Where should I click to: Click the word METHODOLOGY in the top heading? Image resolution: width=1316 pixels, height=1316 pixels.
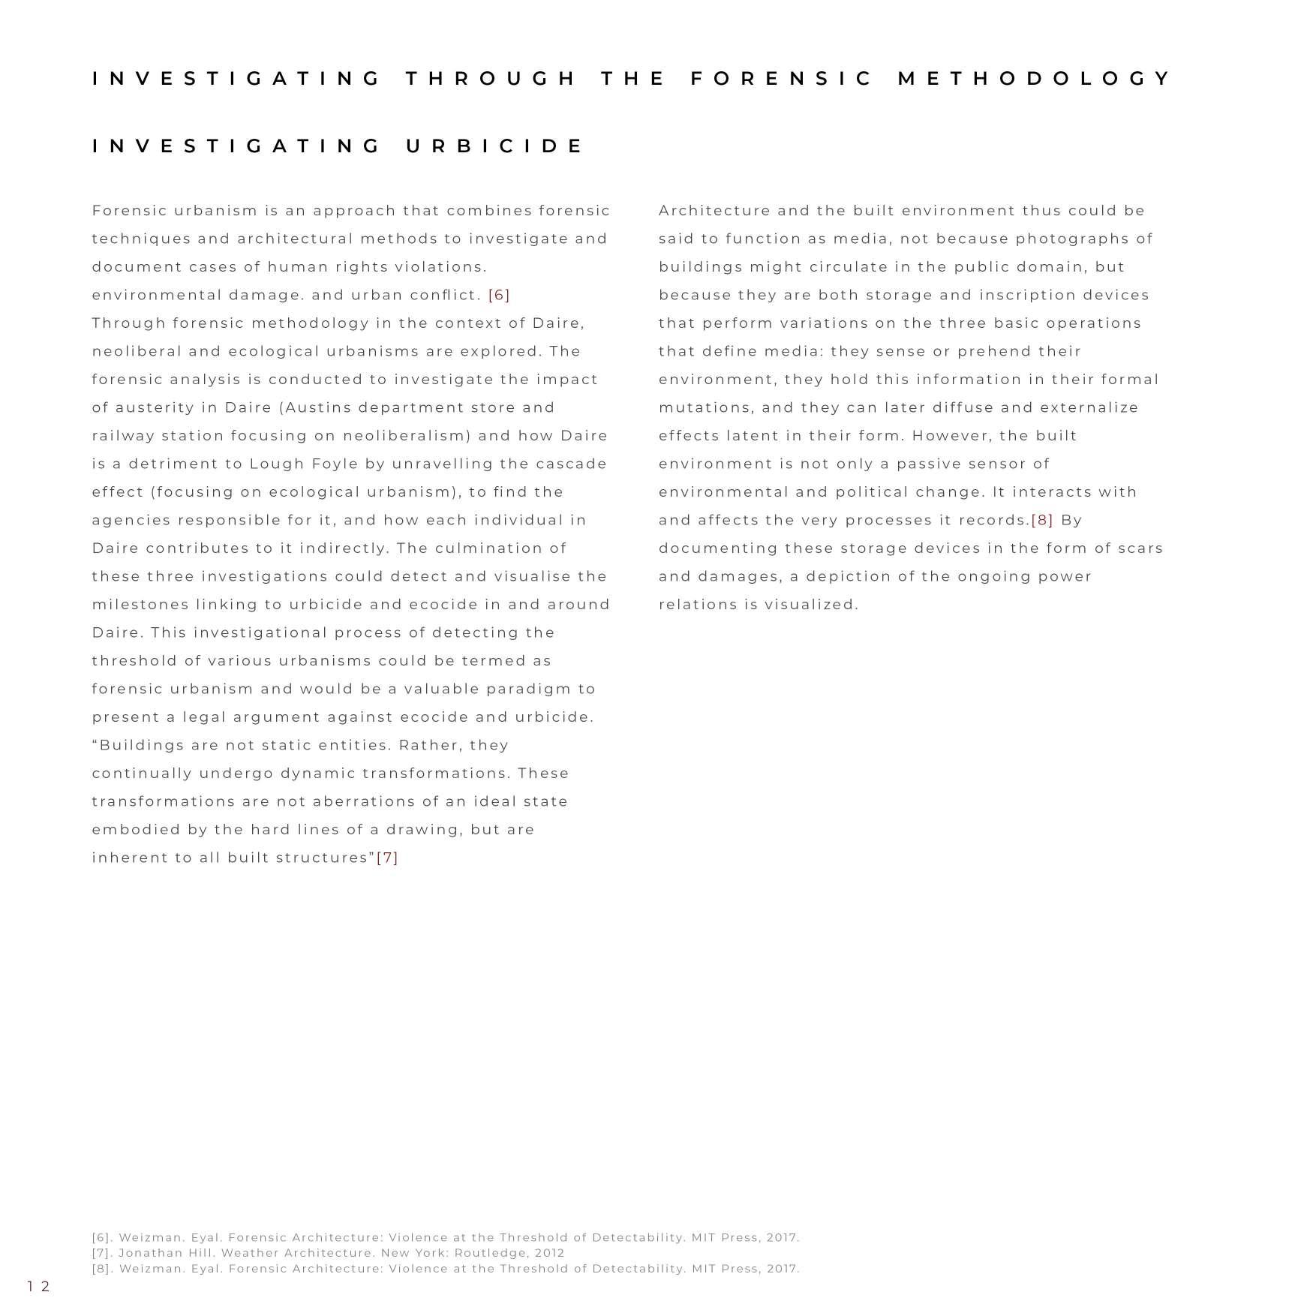pyautogui.click(x=1034, y=79)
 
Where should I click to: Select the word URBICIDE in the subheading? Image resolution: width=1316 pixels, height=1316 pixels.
pyautogui.click(x=494, y=146)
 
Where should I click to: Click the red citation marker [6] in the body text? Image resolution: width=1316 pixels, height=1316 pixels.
pyautogui.click(x=499, y=295)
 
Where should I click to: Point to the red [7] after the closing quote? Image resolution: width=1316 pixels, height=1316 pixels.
pyautogui.click(x=387, y=858)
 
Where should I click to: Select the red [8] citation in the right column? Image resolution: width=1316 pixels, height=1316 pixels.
pyautogui.click(x=1042, y=520)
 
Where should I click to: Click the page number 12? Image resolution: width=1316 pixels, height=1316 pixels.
pyautogui.click(x=38, y=1287)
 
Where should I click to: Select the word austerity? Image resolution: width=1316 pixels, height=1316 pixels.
pyautogui.click(x=155, y=407)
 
